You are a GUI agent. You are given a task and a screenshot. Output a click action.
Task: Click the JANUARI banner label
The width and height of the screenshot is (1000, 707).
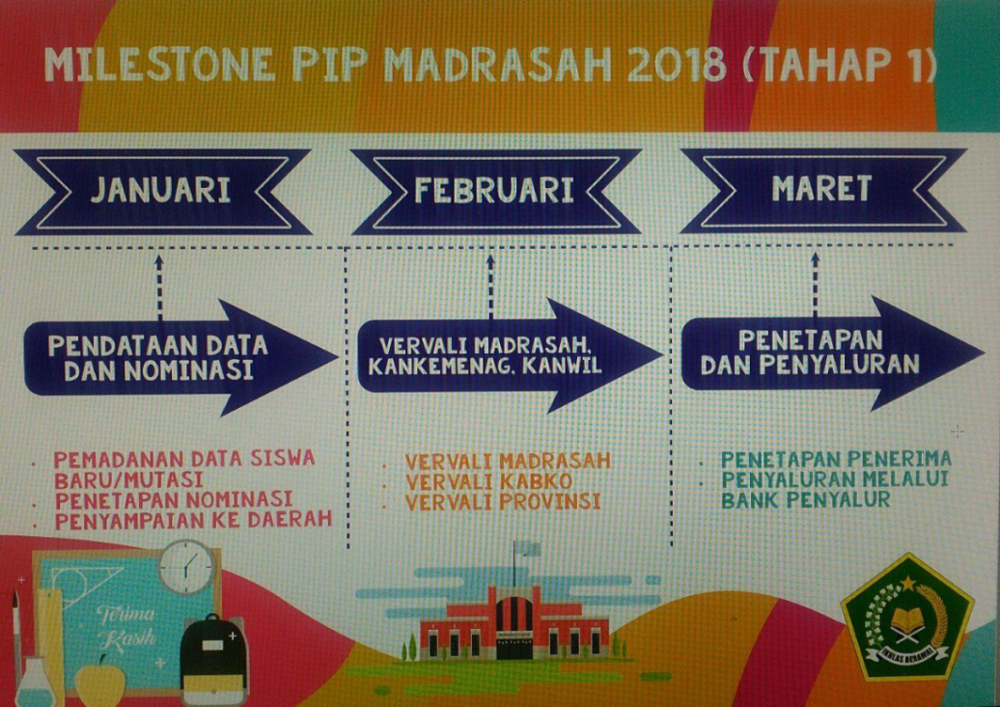click(x=160, y=190)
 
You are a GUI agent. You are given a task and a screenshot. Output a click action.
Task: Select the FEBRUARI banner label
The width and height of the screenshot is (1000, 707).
click(x=495, y=190)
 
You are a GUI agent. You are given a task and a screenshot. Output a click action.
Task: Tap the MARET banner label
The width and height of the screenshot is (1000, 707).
click(x=822, y=188)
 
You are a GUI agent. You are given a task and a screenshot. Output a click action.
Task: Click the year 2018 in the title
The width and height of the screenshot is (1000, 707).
click(x=677, y=65)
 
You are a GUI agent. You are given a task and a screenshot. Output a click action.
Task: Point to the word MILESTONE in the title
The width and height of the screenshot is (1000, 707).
click(x=160, y=65)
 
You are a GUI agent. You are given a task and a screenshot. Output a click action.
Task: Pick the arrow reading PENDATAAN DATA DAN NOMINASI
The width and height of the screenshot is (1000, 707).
click(x=181, y=358)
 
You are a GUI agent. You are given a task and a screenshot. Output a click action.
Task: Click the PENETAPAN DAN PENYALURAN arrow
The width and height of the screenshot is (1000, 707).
click(x=833, y=353)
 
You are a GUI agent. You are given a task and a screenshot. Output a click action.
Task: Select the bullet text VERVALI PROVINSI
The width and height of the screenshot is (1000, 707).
click(x=503, y=502)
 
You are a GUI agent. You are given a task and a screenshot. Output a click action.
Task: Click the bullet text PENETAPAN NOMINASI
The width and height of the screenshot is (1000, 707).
click(x=174, y=500)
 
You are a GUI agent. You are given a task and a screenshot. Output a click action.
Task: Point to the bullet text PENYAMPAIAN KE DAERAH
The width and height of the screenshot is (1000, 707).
click(x=193, y=520)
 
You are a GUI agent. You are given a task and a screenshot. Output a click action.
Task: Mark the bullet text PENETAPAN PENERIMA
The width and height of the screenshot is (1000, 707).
click(x=836, y=459)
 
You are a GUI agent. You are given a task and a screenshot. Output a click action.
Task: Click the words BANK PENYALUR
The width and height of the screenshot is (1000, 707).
click(x=805, y=500)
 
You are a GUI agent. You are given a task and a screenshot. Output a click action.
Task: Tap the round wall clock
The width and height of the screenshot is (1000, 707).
click(x=186, y=567)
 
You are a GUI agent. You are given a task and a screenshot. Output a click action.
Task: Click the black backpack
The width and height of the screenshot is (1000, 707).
click(x=213, y=660)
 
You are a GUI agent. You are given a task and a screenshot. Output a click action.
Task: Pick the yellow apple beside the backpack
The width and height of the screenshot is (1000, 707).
click(x=99, y=681)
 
